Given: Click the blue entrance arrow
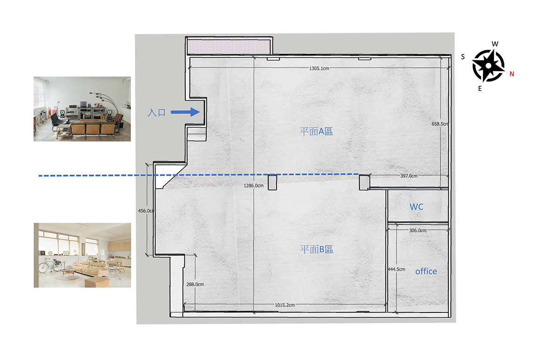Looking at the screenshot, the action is tap(185, 112).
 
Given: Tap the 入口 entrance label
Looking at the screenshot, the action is tap(157, 113).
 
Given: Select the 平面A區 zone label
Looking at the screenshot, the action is tap(316, 131).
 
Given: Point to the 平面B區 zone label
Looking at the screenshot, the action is tap(317, 250).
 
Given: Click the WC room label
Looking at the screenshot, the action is tap(416, 207).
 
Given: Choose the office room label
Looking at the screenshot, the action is tap(426, 272).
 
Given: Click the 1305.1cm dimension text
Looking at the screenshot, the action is tap(319, 68).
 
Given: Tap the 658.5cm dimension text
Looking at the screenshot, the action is tap(440, 124).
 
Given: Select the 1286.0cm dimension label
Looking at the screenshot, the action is tap(253, 186).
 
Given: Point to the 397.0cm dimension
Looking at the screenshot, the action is tap(409, 176).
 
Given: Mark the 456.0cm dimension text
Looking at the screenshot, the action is tap(146, 211).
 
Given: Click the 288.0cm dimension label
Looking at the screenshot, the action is tap(195, 284).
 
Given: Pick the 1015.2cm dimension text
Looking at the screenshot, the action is tap(285, 305).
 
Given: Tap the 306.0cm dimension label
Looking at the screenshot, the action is tap(418, 231).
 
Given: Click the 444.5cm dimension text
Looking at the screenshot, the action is tap(397, 269).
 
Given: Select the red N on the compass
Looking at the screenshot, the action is tap(512, 74).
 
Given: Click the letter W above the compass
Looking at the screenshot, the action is tap(495, 44).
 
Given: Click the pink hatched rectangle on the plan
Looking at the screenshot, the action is tap(229, 47).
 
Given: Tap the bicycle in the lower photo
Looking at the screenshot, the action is tap(50, 265).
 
